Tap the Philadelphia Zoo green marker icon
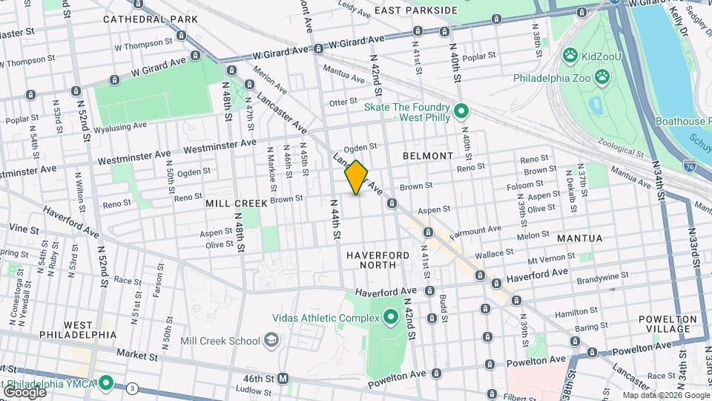(x=603, y=76)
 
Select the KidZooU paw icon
(x=570, y=54)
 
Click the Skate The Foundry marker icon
(x=461, y=112)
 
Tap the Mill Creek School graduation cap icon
(x=271, y=341)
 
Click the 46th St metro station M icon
(x=283, y=378)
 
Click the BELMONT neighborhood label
(x=427, y=156)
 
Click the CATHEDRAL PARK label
(x=151, y=19)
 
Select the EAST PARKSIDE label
(x=415, y=10)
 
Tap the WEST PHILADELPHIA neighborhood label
(x=79, y=330)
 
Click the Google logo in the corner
(x=24, y=391)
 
